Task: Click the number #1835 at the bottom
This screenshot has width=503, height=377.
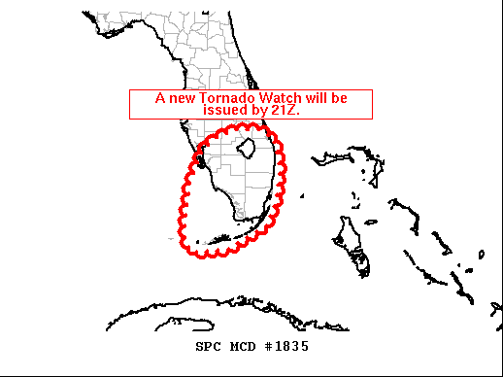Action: point(286,345)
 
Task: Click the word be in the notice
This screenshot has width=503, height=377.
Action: point(338,98)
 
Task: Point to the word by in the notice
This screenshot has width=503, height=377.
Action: point(257,110)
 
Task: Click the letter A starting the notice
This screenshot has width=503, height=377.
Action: point(161,98)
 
